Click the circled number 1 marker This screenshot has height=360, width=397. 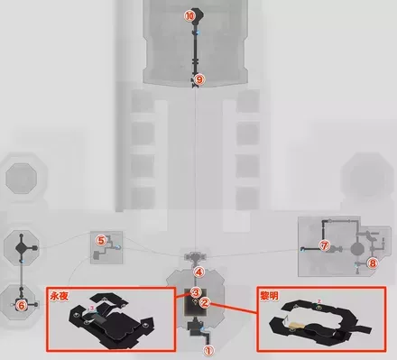coord(208,350)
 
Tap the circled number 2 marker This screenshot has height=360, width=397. coord(205,302)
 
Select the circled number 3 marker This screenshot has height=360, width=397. coord(195,292)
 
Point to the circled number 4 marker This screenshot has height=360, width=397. coord(198,272)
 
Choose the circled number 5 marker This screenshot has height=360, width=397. coord(101,241)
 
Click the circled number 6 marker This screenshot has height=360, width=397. coord(21,306)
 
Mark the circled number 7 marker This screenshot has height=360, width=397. coord(324,246)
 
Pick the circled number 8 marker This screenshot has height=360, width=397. coord(373,263)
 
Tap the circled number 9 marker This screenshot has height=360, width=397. coord(199,80)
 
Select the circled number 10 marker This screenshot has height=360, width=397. coord(189,16)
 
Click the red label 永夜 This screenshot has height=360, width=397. coord(60,296)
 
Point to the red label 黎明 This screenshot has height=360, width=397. coord(269,296)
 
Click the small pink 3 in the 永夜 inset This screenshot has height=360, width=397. coord(92,308)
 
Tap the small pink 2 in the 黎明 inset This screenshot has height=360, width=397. coord(319,301)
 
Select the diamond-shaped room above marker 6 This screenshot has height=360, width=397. coord(22,247)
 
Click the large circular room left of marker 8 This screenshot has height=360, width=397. coord(357,249)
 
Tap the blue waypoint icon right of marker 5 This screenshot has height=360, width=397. coord(118,247)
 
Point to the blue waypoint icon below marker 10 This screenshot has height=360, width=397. coord(198,32)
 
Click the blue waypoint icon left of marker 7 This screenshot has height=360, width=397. coord(302,249)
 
